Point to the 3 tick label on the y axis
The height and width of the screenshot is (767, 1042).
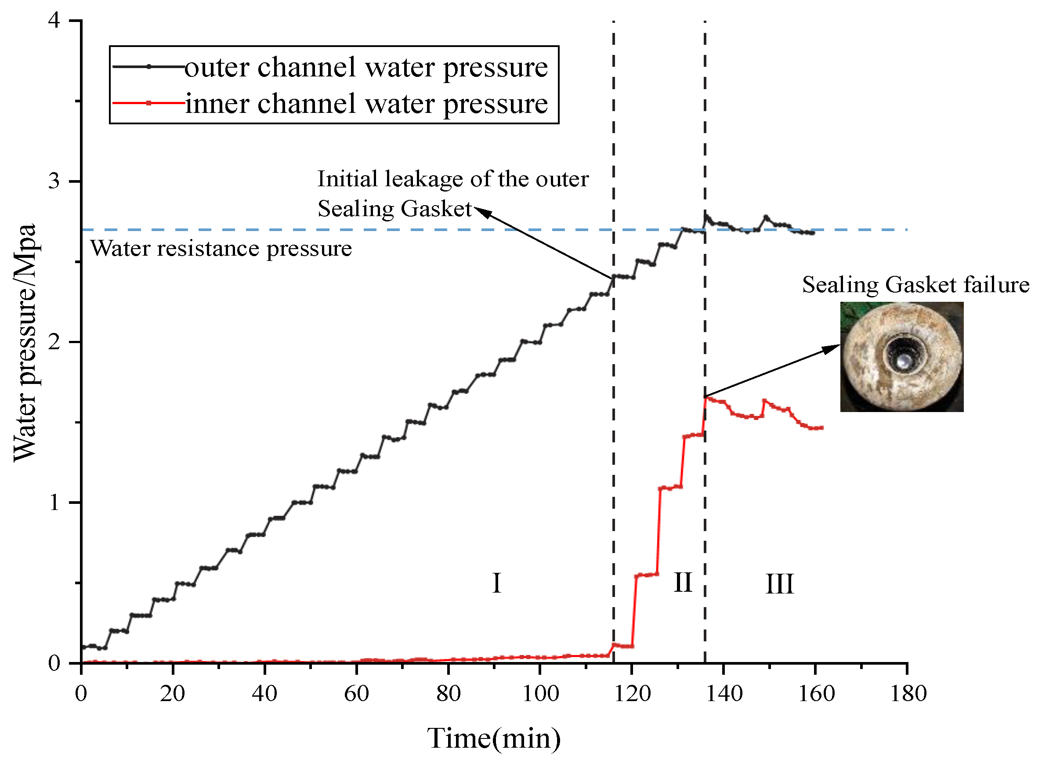pos(54,181)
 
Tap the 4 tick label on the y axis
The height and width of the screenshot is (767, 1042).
pos(54,21)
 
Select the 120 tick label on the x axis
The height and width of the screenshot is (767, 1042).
pos(632,694)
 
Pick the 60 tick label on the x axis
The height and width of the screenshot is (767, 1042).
pos(356,694)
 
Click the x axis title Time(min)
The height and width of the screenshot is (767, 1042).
pos(494,738)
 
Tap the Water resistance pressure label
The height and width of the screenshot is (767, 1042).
pos(221,248)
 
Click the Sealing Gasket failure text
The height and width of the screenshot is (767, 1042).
pos(915,285)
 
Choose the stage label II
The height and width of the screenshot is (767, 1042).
pos(683,582)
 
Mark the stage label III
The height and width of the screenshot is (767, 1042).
pos(779,584)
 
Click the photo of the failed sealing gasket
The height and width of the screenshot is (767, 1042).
pos(901,357)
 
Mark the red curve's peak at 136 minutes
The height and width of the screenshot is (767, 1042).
pos(706,398)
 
